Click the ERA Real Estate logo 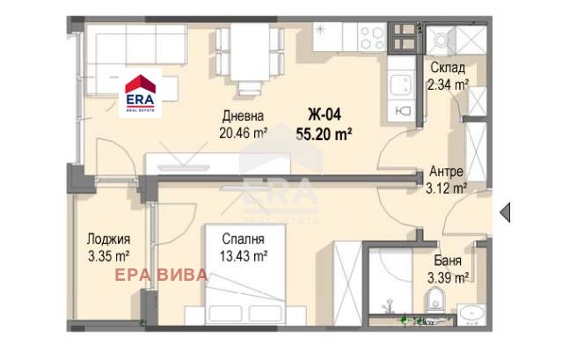point(140,93)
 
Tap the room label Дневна point(243,116)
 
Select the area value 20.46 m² point(244,133)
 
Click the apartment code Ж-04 point(325,114)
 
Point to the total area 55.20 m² point(324,135)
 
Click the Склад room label point(448,67)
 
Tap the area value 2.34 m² point(448,84)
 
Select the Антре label point(446,172)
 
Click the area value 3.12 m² point(446,188)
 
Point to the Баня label point(448,261)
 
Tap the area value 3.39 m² point(448,277)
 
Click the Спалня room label point(243,239)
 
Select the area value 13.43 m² point(244,256)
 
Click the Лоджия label point(108,239)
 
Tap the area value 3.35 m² point(108,256)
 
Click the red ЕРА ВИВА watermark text point(161,275)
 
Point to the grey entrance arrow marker point(505,212)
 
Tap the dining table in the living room point(250,52)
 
